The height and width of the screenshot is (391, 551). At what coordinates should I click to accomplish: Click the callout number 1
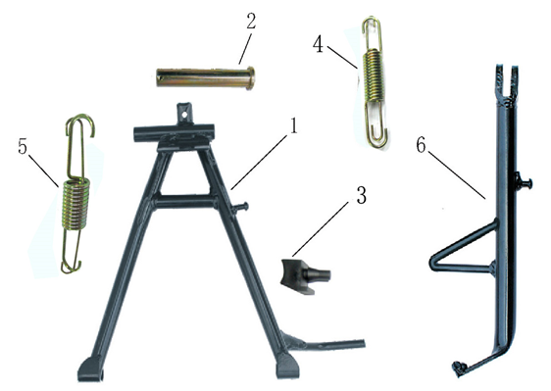292,126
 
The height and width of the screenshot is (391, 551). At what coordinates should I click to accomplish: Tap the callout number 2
251,22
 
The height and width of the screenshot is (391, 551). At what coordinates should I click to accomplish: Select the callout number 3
361,195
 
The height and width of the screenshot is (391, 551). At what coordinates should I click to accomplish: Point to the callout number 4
318,45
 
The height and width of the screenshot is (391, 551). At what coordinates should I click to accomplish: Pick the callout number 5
23,146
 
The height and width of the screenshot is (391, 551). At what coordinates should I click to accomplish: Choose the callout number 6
421,145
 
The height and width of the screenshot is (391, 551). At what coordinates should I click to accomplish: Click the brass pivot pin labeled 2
206,77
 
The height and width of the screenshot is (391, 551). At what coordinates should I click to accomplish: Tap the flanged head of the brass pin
250,77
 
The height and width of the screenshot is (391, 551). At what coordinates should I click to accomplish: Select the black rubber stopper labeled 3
305,276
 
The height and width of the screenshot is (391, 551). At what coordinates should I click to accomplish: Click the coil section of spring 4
374,75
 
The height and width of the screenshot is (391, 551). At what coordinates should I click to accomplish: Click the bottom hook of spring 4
377,136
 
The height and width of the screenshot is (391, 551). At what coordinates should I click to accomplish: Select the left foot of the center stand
90,369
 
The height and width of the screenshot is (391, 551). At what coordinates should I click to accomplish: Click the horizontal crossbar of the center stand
183,202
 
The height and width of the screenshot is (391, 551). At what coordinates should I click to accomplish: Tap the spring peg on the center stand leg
241,207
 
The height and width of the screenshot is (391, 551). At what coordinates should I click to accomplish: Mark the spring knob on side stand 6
525,182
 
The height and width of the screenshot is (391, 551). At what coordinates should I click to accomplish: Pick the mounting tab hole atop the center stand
184,115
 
